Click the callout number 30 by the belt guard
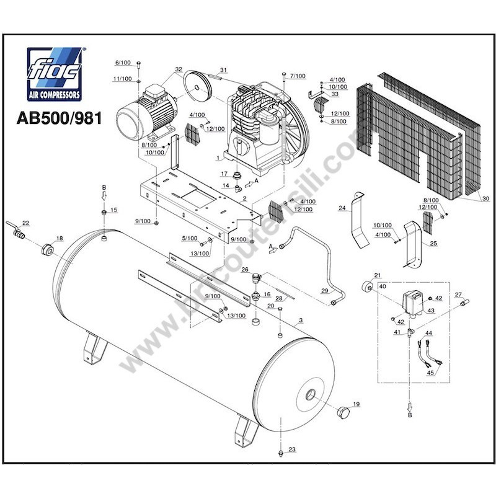[485, 198]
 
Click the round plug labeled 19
[342, 412]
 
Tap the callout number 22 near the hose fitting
[25, 223]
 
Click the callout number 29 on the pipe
[324, 290]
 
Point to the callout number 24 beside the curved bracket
[342, 208]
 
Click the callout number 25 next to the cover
[433, 244]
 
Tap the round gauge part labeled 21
[367, 286]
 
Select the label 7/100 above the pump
[299, 76]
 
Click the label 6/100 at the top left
[123, 63]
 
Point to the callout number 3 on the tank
[300, 321]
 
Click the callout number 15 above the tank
[113, 211]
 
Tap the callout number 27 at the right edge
[458, 294]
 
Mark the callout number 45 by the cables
[430, 373]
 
